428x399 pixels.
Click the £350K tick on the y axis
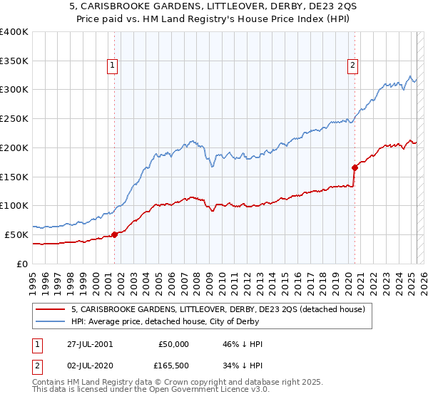pyautogui.click(x=14, y=61)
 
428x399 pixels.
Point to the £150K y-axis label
pyautogui.click(x=14, y=176)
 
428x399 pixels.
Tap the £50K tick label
pyautogui.click(x=17, y=234)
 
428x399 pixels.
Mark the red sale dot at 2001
pyautogui.click(x=115, y=234)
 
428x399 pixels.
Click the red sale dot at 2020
pyautogui.click(x=354, y=167)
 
